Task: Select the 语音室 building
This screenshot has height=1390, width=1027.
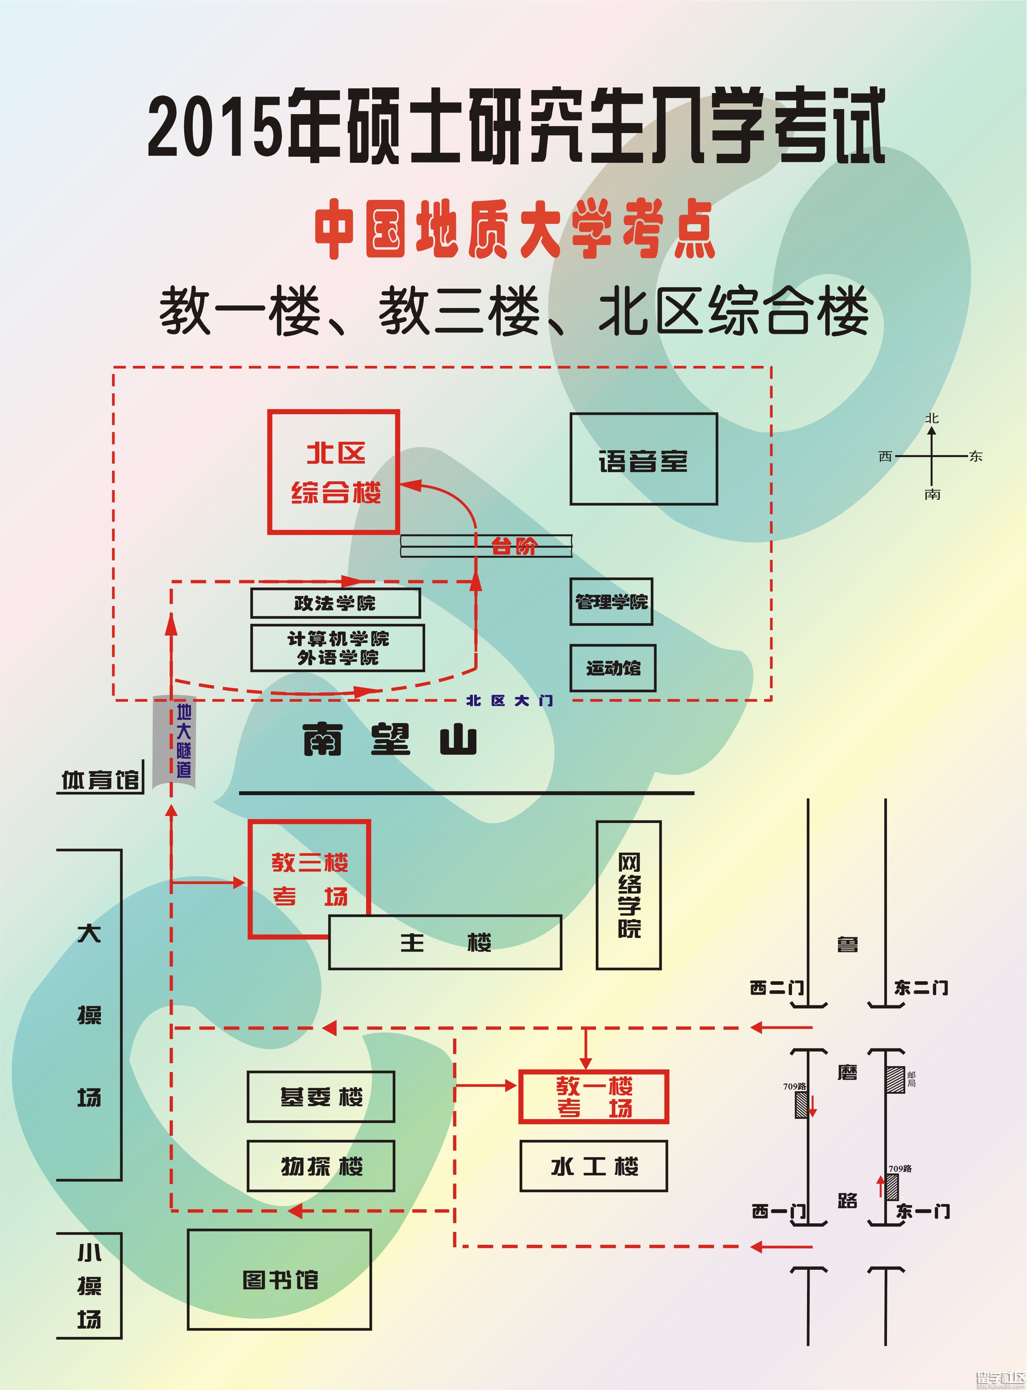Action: coord(643,459)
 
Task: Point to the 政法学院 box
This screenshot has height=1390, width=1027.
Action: coord(335,603)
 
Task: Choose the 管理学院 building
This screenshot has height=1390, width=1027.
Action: coord(611,601)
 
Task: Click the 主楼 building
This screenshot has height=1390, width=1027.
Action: coord(444,943)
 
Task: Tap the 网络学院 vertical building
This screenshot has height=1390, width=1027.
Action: coord(629,895)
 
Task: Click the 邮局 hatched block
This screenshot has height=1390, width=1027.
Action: coord(895,1079)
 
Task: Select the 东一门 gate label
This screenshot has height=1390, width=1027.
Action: coord(922,1212)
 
